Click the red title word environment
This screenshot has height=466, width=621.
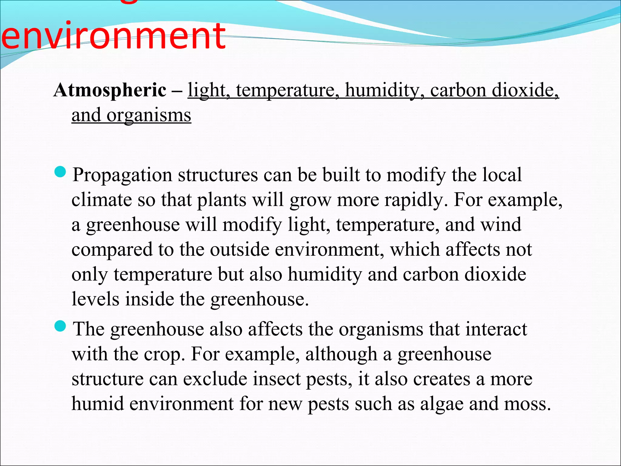(113, 36)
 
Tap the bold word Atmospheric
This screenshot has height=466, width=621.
(110, 90)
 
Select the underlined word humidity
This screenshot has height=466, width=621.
(382, 90)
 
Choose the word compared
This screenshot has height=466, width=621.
(112, 249)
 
